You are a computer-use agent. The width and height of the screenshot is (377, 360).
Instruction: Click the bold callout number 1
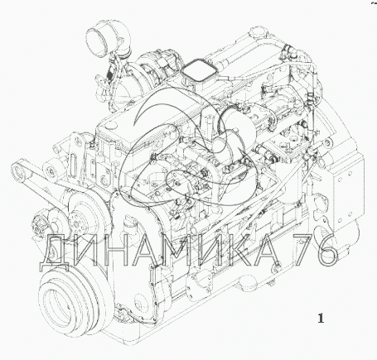coord(321,318)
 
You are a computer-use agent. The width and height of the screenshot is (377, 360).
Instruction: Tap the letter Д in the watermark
coord(55,252)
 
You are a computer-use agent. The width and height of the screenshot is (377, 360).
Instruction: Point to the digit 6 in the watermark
coord(327,250)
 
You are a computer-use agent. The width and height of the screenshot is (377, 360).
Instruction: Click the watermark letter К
coord(234,250)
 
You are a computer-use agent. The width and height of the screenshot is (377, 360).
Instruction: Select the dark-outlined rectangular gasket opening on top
coord(198,72)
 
